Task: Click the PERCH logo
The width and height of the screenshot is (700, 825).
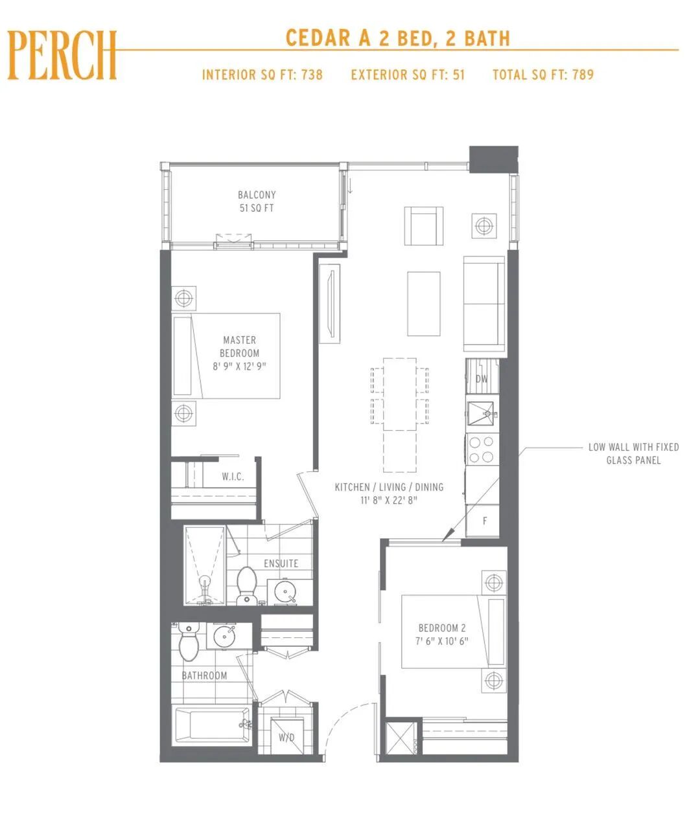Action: [62, 55]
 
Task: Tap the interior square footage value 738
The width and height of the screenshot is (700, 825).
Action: [312, 74]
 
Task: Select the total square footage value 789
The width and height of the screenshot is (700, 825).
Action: [583, 74]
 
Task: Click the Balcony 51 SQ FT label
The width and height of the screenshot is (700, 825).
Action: [257, 201]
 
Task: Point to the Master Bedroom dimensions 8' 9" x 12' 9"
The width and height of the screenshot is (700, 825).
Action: [239, 366]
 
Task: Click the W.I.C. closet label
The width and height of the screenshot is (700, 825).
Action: [233, 476]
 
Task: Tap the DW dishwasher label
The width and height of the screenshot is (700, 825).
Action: [482, 379]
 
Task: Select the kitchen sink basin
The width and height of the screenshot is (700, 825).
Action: [481, 414]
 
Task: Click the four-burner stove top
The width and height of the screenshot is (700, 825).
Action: [482, 449]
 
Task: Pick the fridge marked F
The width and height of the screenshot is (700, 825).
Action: [483, 521]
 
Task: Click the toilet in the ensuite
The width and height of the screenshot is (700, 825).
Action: [246, 585]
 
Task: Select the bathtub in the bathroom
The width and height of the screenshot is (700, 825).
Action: [212, 725]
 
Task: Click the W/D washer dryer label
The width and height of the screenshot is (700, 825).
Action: [286, 738]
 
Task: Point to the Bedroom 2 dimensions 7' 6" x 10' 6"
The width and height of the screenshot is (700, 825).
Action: [442, 641]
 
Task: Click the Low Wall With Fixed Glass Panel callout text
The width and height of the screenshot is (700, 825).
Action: [634, 453]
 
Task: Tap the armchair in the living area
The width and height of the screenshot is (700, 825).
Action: [423, 226]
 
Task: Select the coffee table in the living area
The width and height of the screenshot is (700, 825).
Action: [423, 304]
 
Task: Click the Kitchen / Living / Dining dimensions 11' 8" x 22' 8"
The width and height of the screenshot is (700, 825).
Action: [389, 500]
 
